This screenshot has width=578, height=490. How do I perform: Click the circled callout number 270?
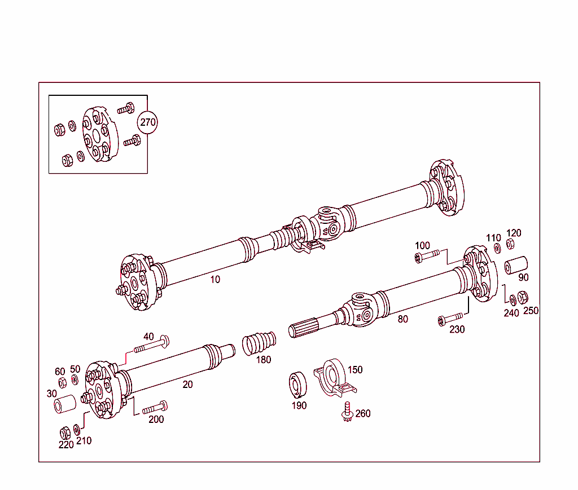(148, 122)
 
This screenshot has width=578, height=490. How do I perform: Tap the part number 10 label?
(216, 279)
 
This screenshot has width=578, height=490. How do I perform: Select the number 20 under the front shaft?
(188, 385)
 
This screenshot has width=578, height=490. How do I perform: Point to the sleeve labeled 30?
(64, 405)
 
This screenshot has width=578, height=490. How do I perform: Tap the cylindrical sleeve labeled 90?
(515, 265)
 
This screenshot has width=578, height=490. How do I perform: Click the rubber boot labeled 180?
(259, 343)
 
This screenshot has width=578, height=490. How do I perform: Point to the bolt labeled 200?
(155, 407)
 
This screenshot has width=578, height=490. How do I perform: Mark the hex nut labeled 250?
(523, 298)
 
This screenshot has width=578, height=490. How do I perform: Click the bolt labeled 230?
(450, 320)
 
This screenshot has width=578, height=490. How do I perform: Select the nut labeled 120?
(510, 244)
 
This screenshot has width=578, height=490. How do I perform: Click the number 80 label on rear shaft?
(402, 319)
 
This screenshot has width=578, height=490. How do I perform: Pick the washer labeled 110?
(497, 248)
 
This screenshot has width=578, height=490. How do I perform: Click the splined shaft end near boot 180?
(305, 328)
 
